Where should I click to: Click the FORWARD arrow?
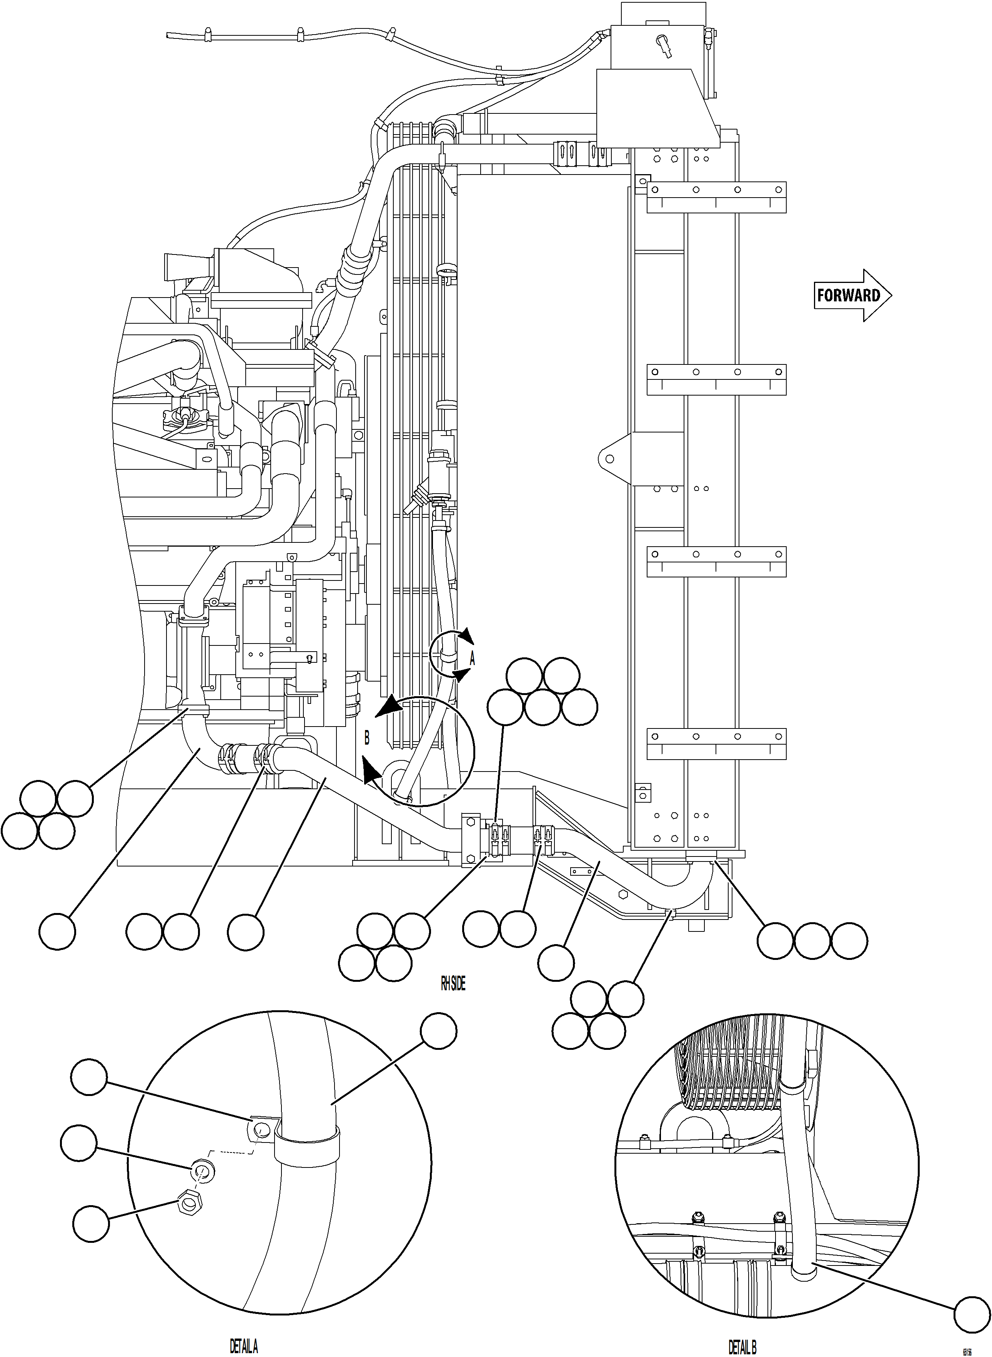point(852,295)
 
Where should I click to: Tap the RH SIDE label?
point(453,983)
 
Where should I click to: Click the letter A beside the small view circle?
point(472,659)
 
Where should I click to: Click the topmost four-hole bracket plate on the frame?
point(716,196)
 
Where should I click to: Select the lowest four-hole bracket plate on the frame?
point(716,743)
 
